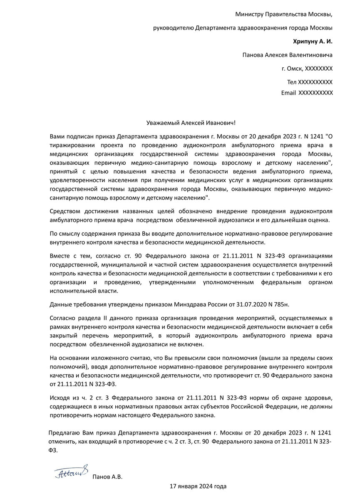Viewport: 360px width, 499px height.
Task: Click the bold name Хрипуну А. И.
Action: click(313, 41)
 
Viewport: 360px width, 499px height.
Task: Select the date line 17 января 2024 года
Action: click(198, 486)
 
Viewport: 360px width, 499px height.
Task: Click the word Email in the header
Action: click(288, 93)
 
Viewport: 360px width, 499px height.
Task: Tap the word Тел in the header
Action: click(292, 82)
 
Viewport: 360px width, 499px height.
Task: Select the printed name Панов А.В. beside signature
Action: click(107, 477)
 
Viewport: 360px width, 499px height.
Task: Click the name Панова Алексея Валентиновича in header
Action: click(287, 55)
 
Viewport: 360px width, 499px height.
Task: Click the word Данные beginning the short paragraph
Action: click(60, 305)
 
